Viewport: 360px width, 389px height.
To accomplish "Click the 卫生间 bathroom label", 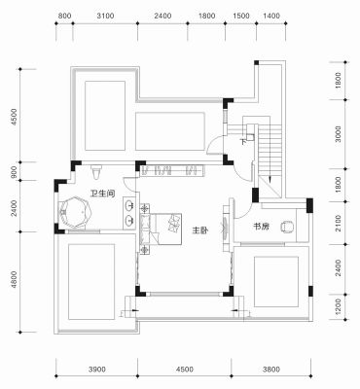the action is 102,194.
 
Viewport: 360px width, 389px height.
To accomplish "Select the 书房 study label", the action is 262,227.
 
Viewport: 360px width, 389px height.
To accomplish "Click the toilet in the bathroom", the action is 96,172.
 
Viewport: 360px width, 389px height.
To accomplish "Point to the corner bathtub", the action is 75,212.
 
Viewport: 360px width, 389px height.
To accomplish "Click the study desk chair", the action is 287,227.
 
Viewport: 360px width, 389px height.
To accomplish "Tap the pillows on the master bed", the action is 174,224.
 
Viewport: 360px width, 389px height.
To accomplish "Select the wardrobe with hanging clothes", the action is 172,170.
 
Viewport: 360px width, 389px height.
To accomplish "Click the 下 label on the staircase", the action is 243,142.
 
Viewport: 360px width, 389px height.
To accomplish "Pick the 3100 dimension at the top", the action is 105,16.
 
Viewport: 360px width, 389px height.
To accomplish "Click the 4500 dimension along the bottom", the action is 185,370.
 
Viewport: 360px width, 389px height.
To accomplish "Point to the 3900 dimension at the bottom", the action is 97,370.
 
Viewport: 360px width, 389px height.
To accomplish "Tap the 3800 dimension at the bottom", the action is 271,370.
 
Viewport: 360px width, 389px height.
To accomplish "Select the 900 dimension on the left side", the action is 14,171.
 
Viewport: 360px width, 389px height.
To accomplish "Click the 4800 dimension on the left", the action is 14,280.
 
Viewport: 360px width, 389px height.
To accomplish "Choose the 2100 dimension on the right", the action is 339,223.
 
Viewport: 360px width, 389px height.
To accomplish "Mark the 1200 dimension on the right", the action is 339,307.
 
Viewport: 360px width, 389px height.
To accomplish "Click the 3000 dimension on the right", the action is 339,134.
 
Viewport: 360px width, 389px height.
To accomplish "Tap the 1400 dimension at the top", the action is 271,16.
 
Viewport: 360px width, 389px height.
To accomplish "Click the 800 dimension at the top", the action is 64,16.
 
